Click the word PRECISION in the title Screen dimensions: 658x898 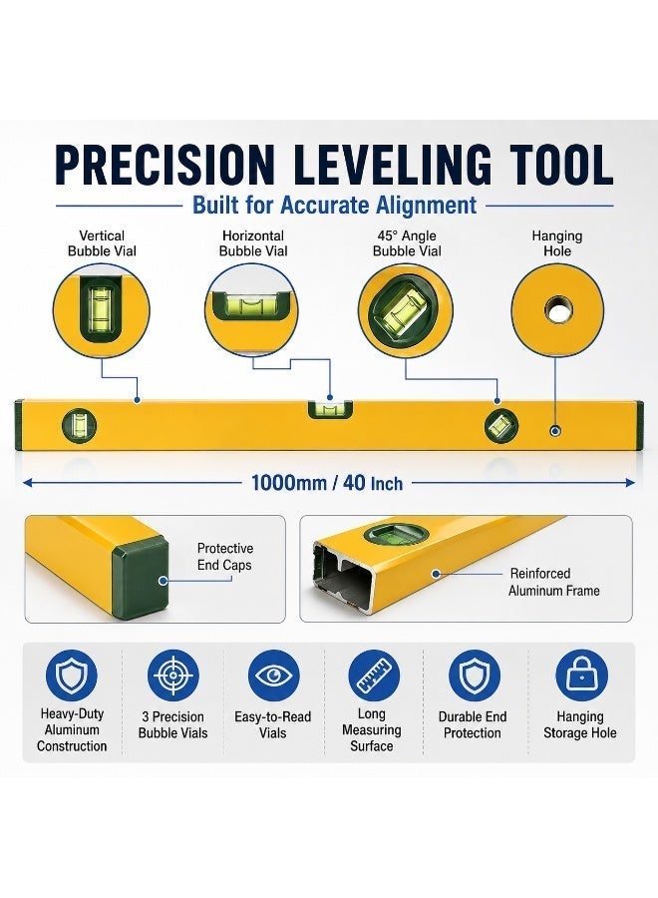pyautogui.click(x=165, y=165)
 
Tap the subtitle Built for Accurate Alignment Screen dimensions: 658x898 pyautogui.click(x=334, y=205)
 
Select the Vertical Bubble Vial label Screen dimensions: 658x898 pyautogui.click(x=102, y=243)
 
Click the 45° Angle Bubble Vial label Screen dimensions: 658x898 pyautogui.click(x=407, y=243)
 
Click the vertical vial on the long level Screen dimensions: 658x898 pyautogui.click(x=79, y=426)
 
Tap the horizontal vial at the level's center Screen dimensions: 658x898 pyautogui.click(x=331, y=409)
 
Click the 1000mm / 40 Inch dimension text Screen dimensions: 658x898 pyautogui.click(x=327, y=483)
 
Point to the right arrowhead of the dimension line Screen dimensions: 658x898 pyautogui.click(x=630, y=483)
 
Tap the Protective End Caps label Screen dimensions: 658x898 pyautogui.click(x=225, y=557)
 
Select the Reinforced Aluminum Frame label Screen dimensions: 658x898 pyautogui.click(x=554, y=582)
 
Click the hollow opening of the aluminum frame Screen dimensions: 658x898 pyautogui.click(x=342, y=581)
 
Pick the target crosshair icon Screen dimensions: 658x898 pyautogui.click(x=173, y=675)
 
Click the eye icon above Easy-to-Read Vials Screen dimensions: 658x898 pyautogui.click(x=273, y=675)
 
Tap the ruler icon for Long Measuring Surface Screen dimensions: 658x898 pyautogui.click(x=374, y=675)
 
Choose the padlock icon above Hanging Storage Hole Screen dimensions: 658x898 pyautogui.click(x=581, y=675)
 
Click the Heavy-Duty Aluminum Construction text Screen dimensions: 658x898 pyautogui.click(x=72, y=729)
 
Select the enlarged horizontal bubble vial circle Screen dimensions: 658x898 pyautogui.click(x=252, y=310)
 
